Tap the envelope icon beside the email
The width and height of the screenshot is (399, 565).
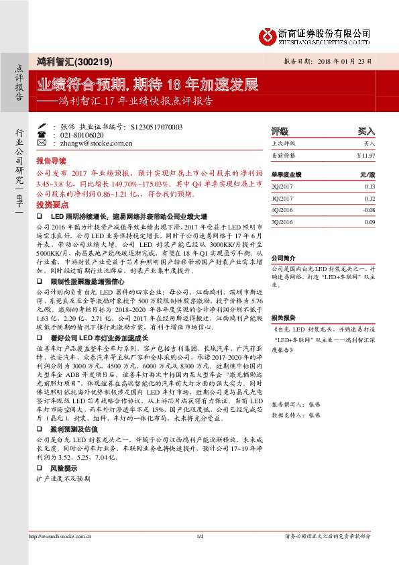tap(42, 142)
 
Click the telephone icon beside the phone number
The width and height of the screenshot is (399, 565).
tap(42, 134)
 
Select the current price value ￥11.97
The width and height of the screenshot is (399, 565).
tap(365, 155)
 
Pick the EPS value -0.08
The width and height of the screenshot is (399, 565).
tap(369, 209)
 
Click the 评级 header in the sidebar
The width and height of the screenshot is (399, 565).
tap(279, 132)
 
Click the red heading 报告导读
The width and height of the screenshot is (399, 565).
tap(51, 162)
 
